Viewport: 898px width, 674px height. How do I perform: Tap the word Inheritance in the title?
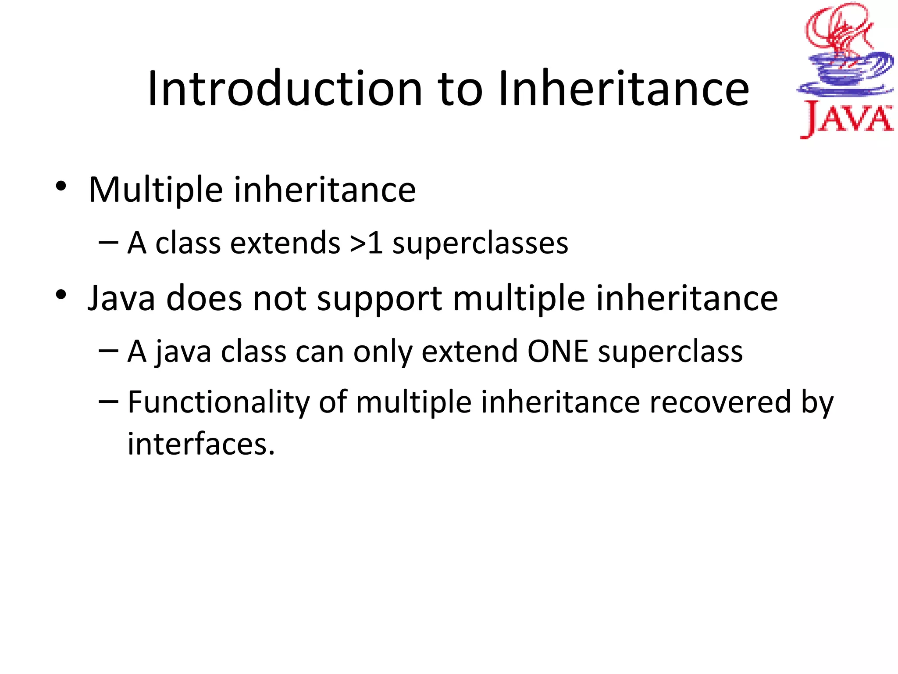[623, 89]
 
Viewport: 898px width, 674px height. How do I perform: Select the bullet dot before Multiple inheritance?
[61, 186]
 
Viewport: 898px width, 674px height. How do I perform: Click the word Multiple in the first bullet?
[156, 190]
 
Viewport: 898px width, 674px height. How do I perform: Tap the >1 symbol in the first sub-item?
[367, 243]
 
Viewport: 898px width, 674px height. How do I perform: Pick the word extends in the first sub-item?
[285, 243]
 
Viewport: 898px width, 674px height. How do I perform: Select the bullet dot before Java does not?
[61, 294]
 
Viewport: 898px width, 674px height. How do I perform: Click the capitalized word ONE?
[557, 351]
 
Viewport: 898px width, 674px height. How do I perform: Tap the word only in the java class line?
[383, 352]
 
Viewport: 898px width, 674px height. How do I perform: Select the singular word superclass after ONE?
[670, 352]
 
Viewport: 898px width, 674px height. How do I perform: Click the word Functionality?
[218, 403]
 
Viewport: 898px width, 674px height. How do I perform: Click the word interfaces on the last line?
[200, 444]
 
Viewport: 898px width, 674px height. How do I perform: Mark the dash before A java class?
[108, 350]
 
